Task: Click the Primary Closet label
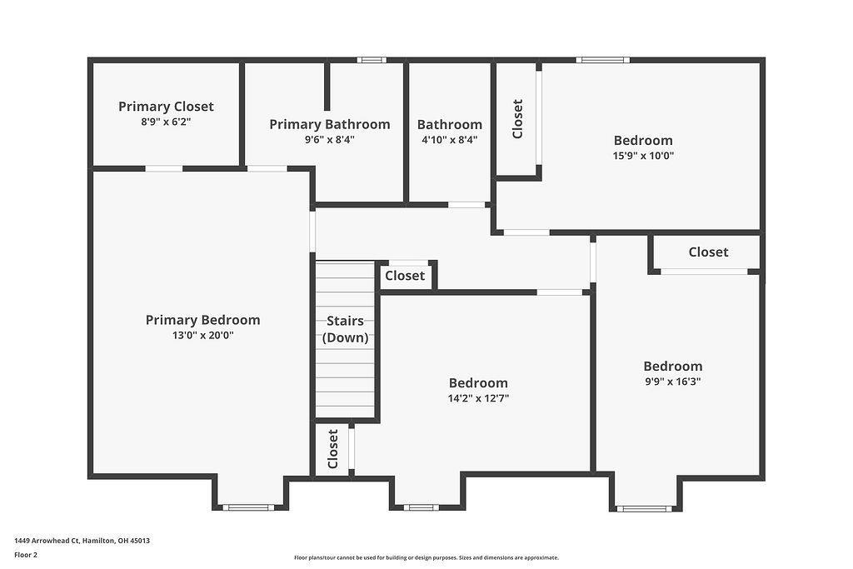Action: tap(166, 107)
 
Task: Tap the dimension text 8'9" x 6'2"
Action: tap(166, 122)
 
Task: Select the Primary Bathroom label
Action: tap(329, 124)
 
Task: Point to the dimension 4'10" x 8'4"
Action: tap(449, 140)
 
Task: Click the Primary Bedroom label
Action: tap(202, 320)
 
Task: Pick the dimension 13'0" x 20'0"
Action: tap(202, 336)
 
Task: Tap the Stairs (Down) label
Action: tap(345, 329)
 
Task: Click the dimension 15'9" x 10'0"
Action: tap(643, 156)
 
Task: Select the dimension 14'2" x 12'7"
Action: tap(478, 398)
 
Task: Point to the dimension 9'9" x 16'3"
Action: tap(672, 382)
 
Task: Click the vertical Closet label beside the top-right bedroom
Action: tap(517, 118)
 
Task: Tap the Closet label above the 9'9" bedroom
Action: tap(708, 252)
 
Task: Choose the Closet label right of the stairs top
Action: tap(405, 276)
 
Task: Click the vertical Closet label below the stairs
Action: tap(332, 449)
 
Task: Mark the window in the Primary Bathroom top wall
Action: tap(372, 60)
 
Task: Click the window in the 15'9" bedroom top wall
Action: tap(602, 60)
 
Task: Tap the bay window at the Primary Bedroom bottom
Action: tap(248, 507)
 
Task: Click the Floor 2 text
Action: tap(26, 554)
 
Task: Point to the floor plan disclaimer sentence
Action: tap(426, 558)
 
